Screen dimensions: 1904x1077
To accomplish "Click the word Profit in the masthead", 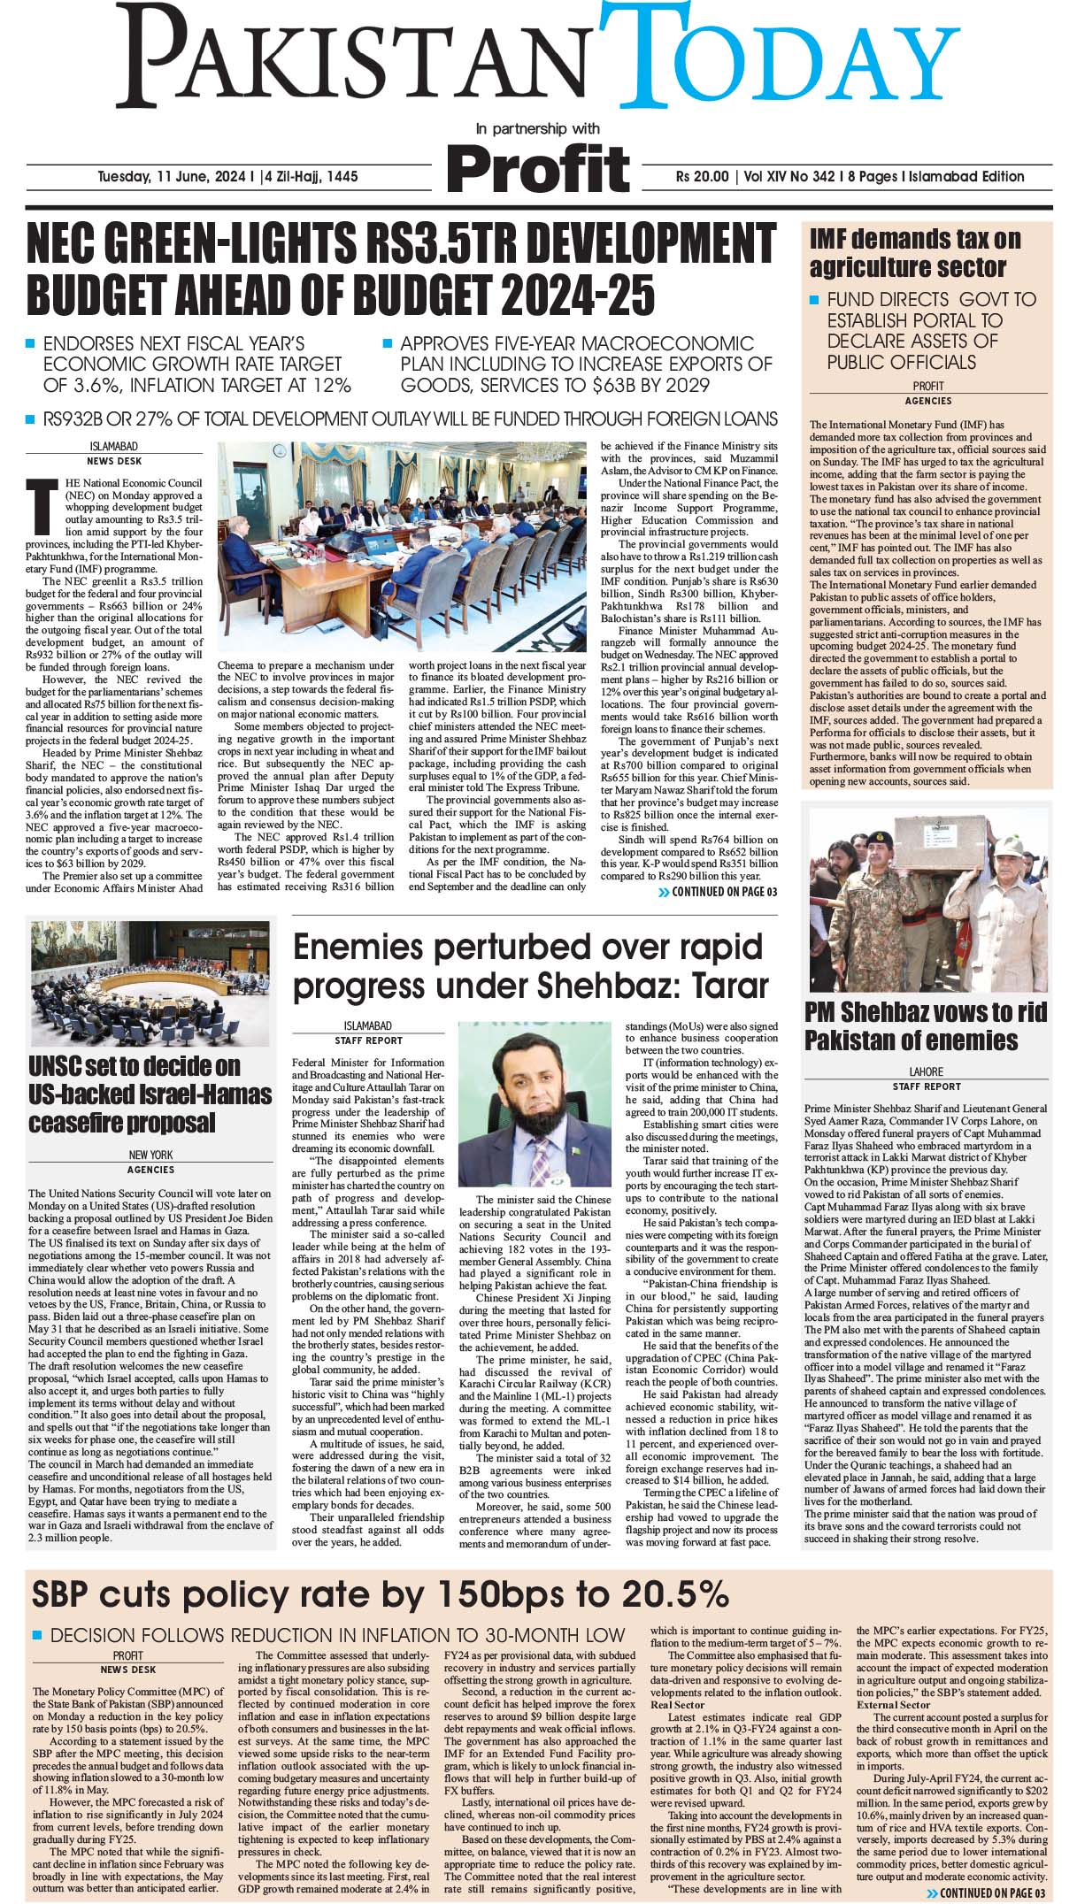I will (538, 168).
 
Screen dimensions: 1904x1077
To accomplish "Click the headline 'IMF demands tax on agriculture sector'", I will (914, 253).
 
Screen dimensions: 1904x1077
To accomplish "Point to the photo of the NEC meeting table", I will (402, 549).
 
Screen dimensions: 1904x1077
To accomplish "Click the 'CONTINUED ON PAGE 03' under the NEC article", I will (718, 892).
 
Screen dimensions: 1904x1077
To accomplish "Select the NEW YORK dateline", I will (150, 1155).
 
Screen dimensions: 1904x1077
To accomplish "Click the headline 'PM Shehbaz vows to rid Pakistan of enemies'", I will (925, 1025).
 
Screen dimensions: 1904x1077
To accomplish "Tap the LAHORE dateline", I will (926, 1071).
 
